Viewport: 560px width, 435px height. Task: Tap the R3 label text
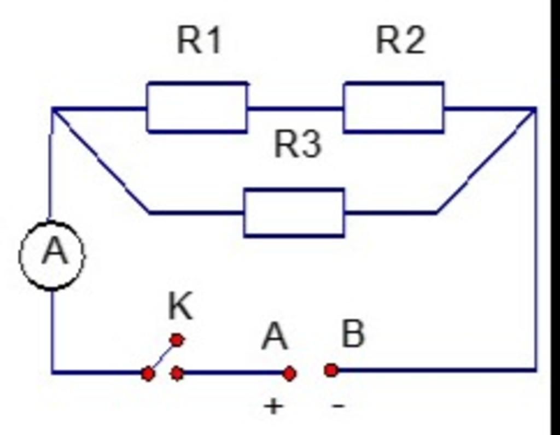pos(297,145)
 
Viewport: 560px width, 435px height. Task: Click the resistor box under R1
pos(197,107)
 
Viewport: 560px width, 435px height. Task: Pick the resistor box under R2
pos(394,107)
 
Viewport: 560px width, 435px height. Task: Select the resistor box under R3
pos(294,213)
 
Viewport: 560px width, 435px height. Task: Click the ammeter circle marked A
pos(52,255)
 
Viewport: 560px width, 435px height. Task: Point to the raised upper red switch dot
pos(177,340)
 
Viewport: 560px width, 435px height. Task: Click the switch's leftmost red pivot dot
pos(148,374)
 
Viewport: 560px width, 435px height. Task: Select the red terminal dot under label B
pos(331,371)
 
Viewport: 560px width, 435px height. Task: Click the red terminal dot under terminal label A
pos(289,373)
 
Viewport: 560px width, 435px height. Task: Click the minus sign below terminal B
pos(339,406)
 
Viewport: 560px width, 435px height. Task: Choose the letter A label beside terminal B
pos(275,337)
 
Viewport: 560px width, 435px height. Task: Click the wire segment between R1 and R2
pos(295,108)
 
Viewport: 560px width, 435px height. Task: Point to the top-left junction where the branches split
pos(54,110)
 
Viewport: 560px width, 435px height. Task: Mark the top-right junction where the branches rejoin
pos(534,110)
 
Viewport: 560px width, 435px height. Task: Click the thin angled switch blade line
pos(162,357)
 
